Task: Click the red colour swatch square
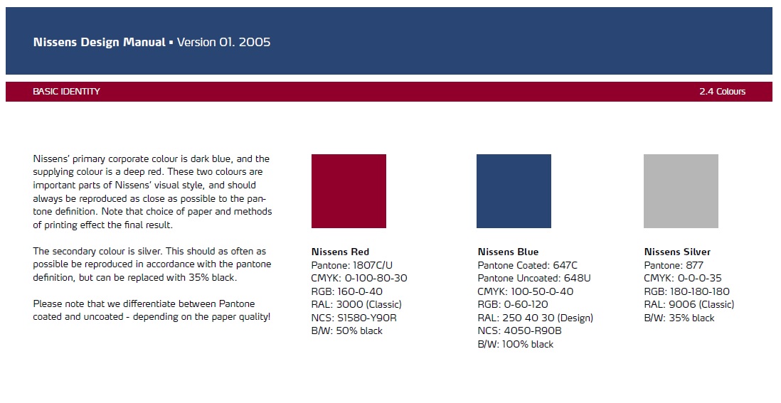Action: coord(349,191)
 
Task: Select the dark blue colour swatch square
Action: coord(514,191)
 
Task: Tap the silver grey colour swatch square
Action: coord(681,191)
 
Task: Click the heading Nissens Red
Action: coord(340,252)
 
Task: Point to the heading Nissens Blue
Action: coord(508,252)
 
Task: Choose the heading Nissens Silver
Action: coord(677,252)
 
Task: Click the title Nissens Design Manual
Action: coord(99,43)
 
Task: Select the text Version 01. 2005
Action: coord(223,43)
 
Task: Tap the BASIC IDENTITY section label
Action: coord(66,92)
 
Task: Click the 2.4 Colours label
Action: coord(722,92)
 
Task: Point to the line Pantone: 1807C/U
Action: coord(352,265)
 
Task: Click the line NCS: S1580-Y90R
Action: coord(354,318)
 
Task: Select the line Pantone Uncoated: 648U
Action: coord(534,278)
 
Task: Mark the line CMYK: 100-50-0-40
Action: coord(526,291)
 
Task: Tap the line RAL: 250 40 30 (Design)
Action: coord(536,318)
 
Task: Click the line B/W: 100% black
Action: coord(516,344)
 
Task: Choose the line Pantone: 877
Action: coord(674,265)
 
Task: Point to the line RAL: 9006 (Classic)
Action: coord(689,304)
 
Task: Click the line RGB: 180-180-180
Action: coord(687,291)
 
